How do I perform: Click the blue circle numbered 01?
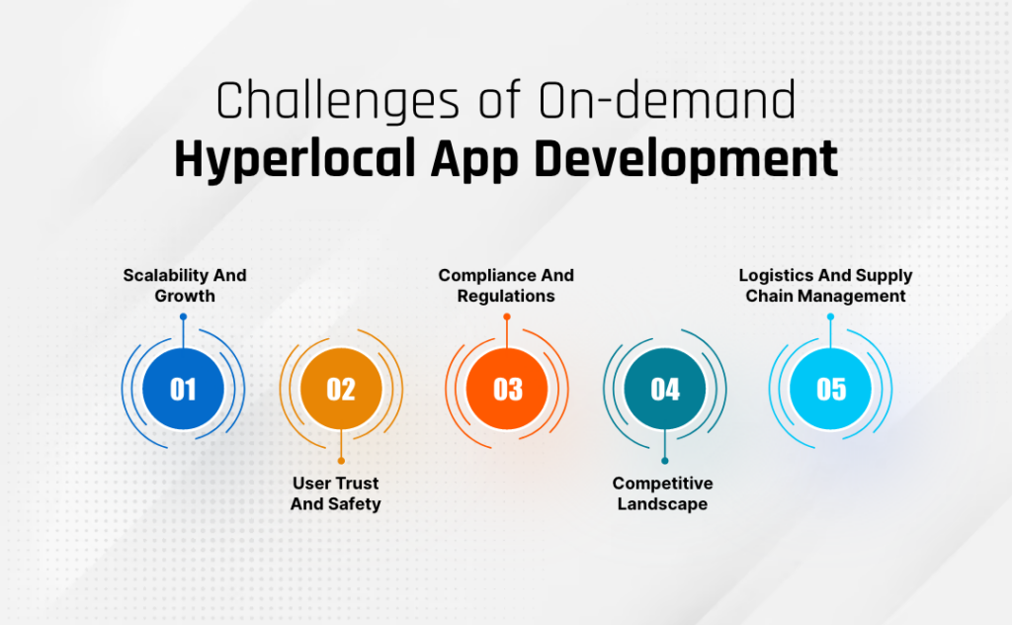tap(184, 389)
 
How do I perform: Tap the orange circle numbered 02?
tap(341, 389)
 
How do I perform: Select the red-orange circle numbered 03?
tap(507, 389)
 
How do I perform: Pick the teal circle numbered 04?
tap(665, 389)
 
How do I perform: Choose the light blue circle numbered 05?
tap(831, 389)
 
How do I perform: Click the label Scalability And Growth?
tap(185, 285)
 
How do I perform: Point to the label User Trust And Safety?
tap(336, 493)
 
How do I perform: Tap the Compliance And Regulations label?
tap(506, 285)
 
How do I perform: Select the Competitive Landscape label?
tap(662, 493)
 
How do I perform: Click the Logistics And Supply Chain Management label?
tap(826, 285)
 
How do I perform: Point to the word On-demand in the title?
tap(681, 103)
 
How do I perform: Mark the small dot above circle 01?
tap(184, 317)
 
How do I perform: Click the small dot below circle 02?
tap(341, 460)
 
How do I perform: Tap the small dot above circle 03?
tap(507, 317)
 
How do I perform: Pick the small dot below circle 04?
tap(665, 460)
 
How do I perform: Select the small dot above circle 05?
tap(831, 317)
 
